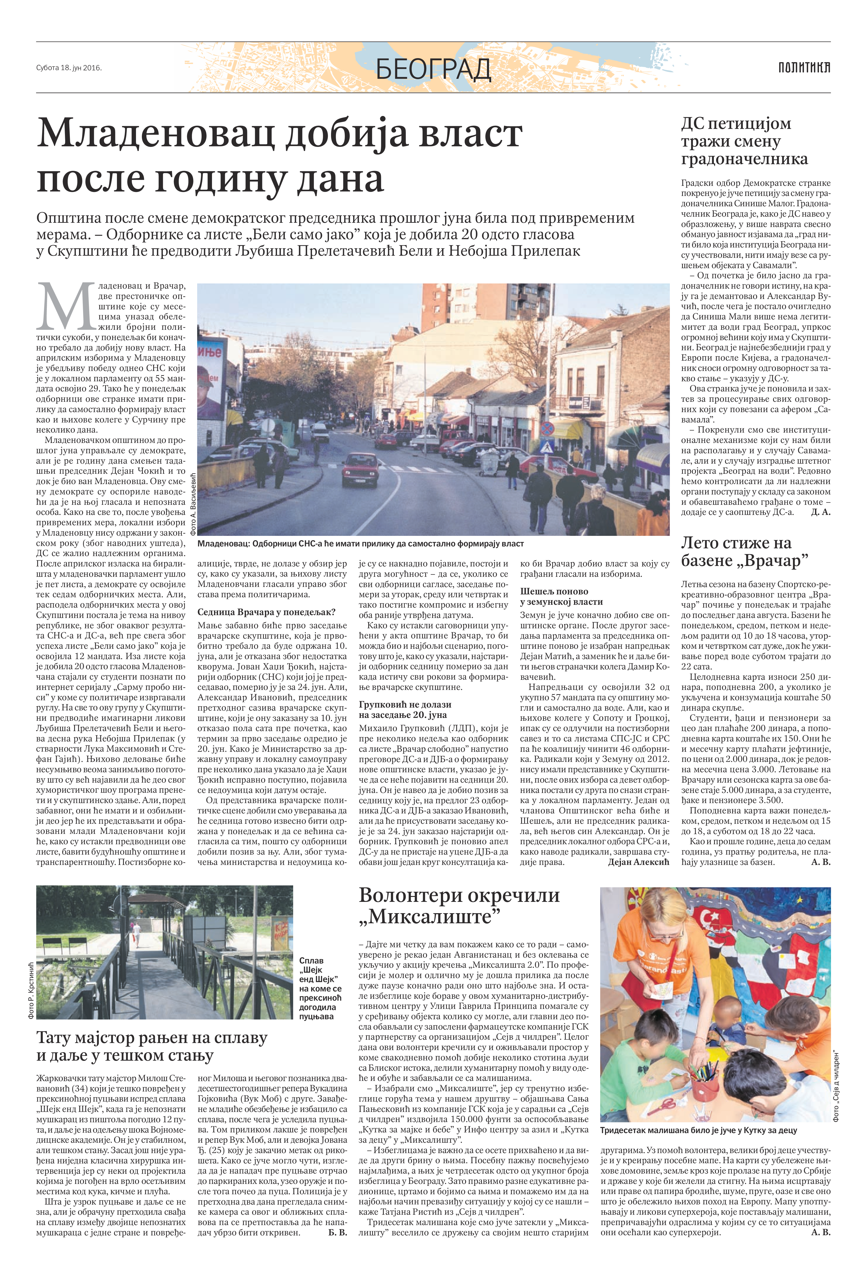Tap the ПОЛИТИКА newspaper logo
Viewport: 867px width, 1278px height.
[804, 68]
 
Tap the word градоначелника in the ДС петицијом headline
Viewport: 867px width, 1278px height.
[744, 159]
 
